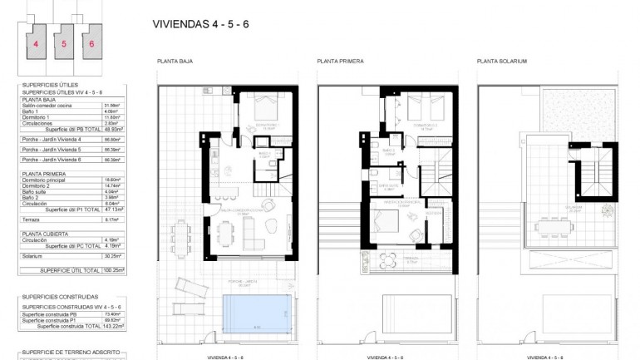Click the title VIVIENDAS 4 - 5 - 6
pos(201,23)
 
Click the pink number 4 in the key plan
pos(36,44)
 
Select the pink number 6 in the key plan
pos(91,44)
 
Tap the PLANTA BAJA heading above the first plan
pos(175,62)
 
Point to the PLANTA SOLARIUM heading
pos(502,62)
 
